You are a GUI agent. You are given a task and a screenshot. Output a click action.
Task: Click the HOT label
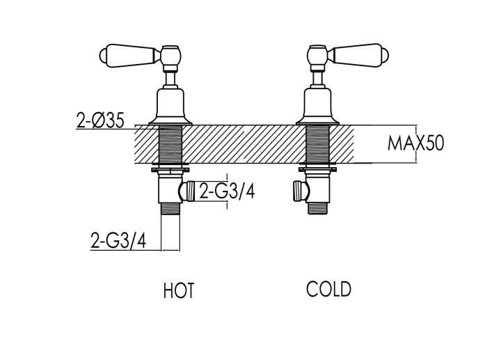coord(179,290)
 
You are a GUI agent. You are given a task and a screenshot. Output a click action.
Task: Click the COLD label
coord(328,289)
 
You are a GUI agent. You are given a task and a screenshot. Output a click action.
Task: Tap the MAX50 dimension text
coord(415,143)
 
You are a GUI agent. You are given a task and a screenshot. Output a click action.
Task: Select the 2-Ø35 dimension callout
coord(100,120)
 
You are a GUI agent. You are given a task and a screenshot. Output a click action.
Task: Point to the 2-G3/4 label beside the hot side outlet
coord(227,190)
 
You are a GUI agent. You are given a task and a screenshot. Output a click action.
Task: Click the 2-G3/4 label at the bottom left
coord(118,240)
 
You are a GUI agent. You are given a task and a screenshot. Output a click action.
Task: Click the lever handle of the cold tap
coord(361,56)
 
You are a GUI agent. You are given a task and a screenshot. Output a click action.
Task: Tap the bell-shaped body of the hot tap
coord(170,106)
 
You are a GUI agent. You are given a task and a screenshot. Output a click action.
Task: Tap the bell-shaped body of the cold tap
coord(318,106)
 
